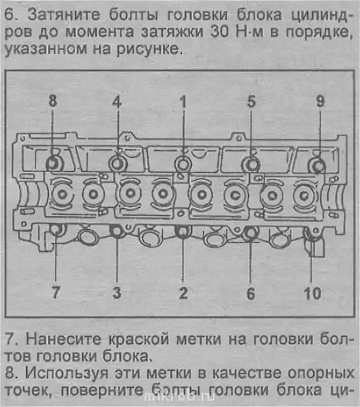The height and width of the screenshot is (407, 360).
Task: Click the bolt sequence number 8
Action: [x=53, y=101]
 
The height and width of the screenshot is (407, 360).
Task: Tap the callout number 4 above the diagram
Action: [x=117, y=101]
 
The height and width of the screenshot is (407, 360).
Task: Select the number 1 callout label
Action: [x=183, y=101]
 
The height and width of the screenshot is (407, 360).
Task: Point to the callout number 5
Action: [x=251, y=101]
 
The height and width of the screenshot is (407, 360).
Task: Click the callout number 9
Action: [x=320, y=101]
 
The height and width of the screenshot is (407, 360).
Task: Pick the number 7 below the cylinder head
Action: [x=55, y=293]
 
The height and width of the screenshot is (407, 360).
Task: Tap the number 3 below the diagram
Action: [x=117, y=293]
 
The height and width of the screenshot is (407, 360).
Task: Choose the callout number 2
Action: [x=183, y=293]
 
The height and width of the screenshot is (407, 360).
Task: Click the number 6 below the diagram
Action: [x=250, y=293]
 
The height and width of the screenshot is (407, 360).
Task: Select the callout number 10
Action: [x=312, y=293]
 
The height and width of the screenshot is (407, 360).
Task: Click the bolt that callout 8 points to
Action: [x=53, y=163]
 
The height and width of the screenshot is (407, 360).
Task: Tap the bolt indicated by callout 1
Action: [x=183, y=163]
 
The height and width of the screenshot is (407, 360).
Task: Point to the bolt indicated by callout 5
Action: [x=251, y=164]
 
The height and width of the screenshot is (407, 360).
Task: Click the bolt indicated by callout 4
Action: [x=117, y=163]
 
